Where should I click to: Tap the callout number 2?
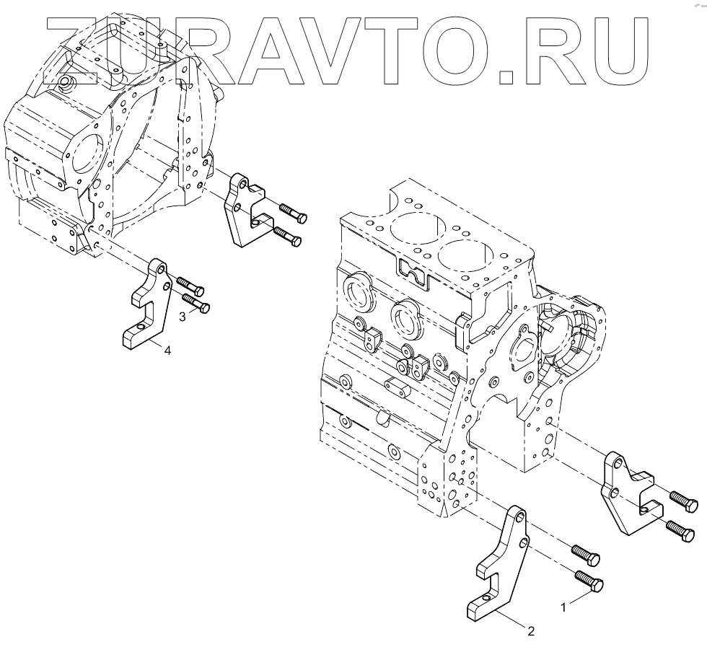(x=531, y=632)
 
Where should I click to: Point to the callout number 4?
(x=167, y=351)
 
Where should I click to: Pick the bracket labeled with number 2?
(x=498, y=570)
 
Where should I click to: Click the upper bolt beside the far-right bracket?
(x=682, y=498)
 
